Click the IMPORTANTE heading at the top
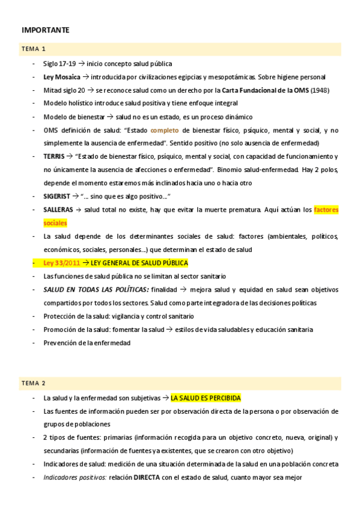click(x=46, y=29)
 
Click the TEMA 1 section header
click(x=33, y=49)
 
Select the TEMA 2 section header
click(x=33, y=382)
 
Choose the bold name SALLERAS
click(x=58, y=210)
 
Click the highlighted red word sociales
click(x=55, y=223)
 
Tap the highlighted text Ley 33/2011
click(x=62, y=263)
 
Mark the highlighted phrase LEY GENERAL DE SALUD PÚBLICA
click(x=139, y=263)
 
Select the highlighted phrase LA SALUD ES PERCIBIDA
click(x=206, y=398)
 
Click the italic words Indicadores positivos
click(x=74, y=478)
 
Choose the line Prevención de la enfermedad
click(x=87, y=343)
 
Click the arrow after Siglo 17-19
click(x=82, y=64)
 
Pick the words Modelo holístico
click(x=66, y=103)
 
